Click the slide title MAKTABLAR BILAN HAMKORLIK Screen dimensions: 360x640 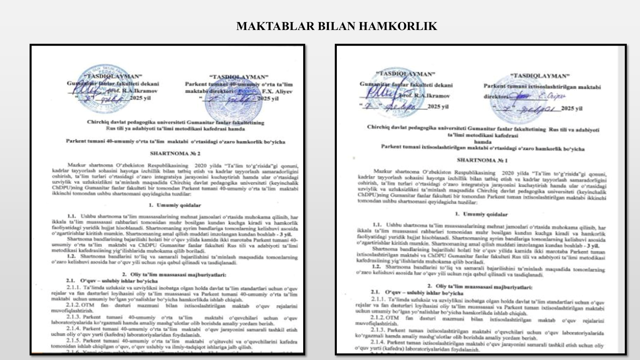coord(336,26)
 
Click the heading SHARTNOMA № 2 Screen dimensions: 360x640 coord(175,153)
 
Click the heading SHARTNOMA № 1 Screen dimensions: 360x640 coord(482,160)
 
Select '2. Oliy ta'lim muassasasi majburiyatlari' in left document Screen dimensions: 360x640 coord(174,275)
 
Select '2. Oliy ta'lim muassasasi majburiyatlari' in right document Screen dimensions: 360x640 coord(480,287)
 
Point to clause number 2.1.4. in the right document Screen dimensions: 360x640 coord(378,343)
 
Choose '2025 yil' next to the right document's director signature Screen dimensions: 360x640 coord(572,108)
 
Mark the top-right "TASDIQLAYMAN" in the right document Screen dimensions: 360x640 coord(540,76)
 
